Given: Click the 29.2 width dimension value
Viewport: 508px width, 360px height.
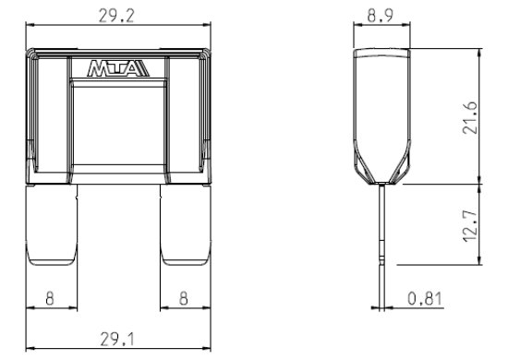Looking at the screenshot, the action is [116, 16].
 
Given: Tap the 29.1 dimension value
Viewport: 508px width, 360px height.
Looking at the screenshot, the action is [117, 340].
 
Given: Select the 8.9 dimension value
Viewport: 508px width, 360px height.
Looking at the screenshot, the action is [381, 15].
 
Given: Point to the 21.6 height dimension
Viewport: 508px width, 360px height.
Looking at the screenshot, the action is [470, 118].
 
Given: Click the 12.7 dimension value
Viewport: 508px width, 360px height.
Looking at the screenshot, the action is [470, 225].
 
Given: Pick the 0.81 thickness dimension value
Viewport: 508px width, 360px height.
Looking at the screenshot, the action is [425, 298].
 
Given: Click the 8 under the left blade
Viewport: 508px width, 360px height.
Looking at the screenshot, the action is [50, 298].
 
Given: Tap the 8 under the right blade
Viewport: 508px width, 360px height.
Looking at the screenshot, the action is [184, 298].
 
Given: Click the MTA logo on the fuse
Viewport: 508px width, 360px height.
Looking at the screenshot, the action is [118, 68].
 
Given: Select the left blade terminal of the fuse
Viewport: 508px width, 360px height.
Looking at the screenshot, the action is [52, 225].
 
